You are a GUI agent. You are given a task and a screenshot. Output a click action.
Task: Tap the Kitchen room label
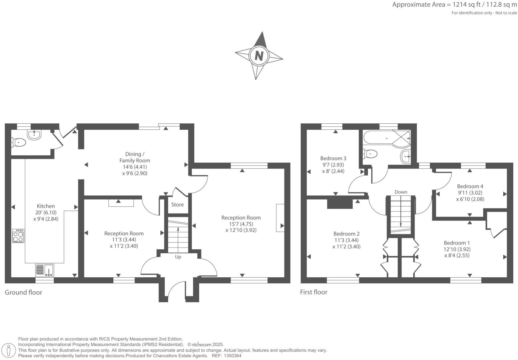(x=46, y=206)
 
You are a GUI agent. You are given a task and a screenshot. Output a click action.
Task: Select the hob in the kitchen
(x=18, y=236)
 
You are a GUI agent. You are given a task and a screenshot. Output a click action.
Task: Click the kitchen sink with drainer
(x=45, y=269)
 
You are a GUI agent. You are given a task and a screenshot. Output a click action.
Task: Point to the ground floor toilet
(x=19, y=143)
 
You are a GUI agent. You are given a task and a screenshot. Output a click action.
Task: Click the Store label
(x=177, y=205)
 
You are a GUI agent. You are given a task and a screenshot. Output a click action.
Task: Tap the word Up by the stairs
(x=178, y=257)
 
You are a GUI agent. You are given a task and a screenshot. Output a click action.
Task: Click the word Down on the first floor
(x=401, y=192)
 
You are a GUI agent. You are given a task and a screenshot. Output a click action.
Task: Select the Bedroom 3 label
(x=333, y=158)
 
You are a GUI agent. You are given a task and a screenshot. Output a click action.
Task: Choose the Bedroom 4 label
(x=470, y=186)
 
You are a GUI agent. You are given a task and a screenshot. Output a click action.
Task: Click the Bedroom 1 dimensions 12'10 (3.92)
(x=457, y=249)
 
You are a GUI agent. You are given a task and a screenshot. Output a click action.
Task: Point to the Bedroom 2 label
(x=346, y=234)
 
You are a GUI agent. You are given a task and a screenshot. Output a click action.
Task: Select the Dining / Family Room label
(x=135, y=157)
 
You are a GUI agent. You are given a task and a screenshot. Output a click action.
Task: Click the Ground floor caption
(x=23, y=292)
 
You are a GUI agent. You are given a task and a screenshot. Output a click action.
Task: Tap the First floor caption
(x=314, y=292)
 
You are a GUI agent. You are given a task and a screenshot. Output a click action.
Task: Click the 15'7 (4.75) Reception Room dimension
(x=240, y=224)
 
